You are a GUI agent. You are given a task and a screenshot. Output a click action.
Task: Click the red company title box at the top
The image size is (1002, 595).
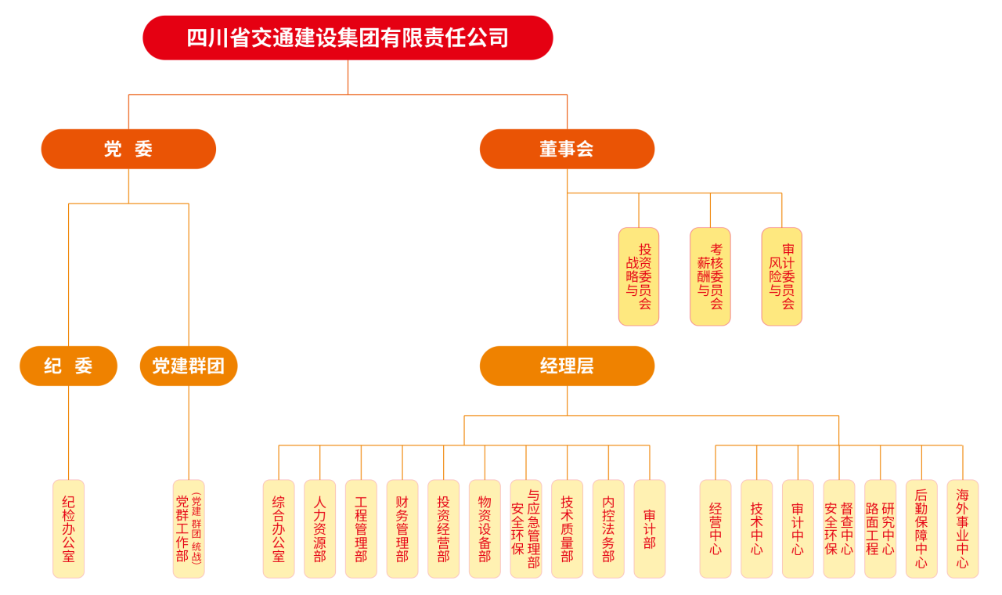(348, 38)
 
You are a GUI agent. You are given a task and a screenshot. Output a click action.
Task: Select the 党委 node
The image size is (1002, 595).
(128, 149)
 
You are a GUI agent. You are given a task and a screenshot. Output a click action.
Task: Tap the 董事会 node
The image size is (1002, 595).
(567, 149)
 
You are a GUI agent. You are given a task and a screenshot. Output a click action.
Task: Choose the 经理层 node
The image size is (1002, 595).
(567, 366)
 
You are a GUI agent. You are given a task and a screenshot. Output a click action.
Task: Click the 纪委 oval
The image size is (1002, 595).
(68, 366)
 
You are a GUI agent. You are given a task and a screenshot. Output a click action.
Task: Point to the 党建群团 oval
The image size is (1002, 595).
(189, 366)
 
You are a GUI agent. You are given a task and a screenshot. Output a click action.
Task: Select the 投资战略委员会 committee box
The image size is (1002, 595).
(639, 276)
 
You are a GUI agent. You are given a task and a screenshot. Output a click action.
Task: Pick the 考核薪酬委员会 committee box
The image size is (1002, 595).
(710, 276)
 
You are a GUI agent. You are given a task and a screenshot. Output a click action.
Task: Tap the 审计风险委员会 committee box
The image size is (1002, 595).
(781, 276)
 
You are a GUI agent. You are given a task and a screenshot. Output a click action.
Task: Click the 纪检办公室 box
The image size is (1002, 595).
(68, 528)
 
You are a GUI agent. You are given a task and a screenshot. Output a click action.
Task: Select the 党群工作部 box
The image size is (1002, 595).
(189, 528)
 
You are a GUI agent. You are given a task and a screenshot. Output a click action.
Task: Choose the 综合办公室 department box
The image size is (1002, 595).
(279, 528)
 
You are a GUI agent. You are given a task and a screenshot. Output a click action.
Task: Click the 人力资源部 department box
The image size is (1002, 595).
(319, 528)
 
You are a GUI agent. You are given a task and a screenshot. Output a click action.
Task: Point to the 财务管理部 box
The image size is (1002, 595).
(402, 528)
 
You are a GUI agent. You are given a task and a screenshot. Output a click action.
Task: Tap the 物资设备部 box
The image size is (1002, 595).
(485, 528)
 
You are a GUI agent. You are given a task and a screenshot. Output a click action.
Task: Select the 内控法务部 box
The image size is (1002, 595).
(608, 528)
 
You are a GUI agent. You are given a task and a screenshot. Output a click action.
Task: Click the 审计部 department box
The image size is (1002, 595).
(650, 528)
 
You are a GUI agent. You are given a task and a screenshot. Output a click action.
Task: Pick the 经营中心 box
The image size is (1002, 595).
(715, 528)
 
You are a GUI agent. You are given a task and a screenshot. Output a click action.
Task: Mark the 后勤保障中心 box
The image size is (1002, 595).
(921, 528)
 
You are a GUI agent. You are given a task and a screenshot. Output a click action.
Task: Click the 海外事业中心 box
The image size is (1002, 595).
(962, 528)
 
